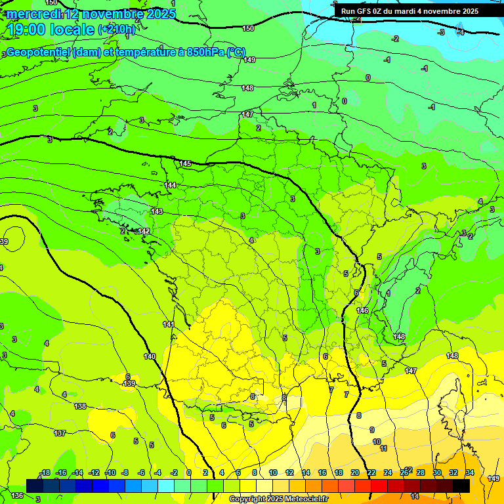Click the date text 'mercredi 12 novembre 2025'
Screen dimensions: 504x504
click(x=91, y=14)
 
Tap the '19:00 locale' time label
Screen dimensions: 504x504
click(x=51, y=29)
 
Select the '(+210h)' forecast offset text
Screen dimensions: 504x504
click(x=117, y=30)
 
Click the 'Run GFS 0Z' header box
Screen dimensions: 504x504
click(x=409, y=11)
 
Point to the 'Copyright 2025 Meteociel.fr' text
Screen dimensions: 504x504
click(x=278, y=499)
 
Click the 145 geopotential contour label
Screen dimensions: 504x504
click(x=185, y=163)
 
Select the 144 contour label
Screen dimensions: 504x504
click(x=170, y=186)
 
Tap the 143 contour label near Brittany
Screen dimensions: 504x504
click(x=157, y=211)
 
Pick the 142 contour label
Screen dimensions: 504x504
click(x=144, y=232)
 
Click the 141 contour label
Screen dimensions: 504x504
click(x=169, y=325)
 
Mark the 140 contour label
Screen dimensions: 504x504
click(x=150, y=356)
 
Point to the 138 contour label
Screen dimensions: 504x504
click(x=80, y=407)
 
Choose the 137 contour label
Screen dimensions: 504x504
click(x=60, y=433)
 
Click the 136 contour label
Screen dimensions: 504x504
click(x=17, y=495)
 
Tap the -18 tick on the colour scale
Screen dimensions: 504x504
click(x=45, y=473)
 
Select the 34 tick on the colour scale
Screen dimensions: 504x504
click(x=469, y=473)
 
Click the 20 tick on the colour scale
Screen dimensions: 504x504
click(x=354, y=473)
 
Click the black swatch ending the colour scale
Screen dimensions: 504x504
click(x=461, y=485)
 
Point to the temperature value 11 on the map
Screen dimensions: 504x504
click(x=384, y=449)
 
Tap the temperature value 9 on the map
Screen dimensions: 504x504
click(x=372, y=430)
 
